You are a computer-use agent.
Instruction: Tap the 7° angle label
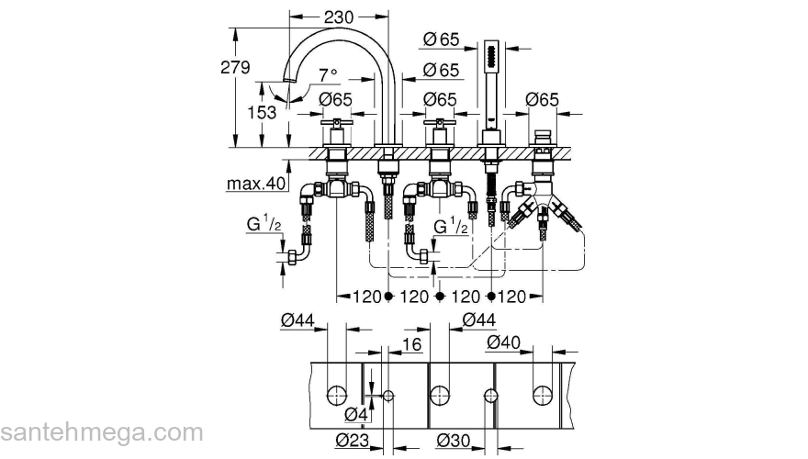327,74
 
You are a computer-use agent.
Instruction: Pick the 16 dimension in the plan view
411,344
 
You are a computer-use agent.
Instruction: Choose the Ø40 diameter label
504,341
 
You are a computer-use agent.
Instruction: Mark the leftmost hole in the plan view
337,396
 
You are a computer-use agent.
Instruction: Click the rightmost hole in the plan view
542,396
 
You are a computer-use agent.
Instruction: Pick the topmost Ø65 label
442,39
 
